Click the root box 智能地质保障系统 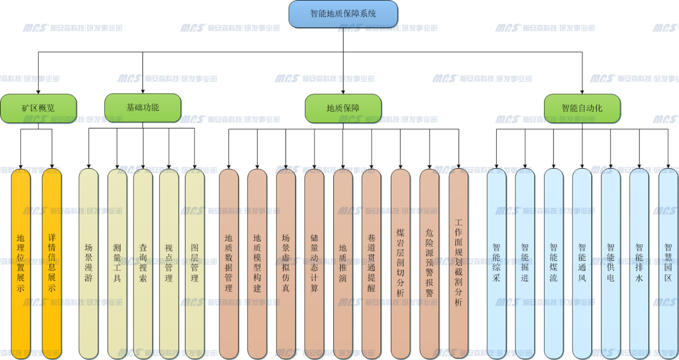(x=343, y=14)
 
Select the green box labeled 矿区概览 (x=38, y=108)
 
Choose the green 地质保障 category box (x=343, y=108)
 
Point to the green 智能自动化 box (x=582, y=108)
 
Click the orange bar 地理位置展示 (x=21, y=262)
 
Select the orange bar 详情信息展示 (x=52, y=262)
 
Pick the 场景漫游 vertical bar (x=88, y=262)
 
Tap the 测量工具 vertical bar (x=117, y=262)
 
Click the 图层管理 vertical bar (x=195, y=262)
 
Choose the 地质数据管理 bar (x=229, y=262)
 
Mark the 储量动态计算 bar (x=314, y=262)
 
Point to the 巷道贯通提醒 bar (x=371, y=262)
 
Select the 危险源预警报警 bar (x=429, y=262)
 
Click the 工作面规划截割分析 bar (x=458, y=262)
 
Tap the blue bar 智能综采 (x=496, y=262)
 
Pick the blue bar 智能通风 (x=582, y=262)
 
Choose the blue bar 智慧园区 (x=668, y=262)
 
